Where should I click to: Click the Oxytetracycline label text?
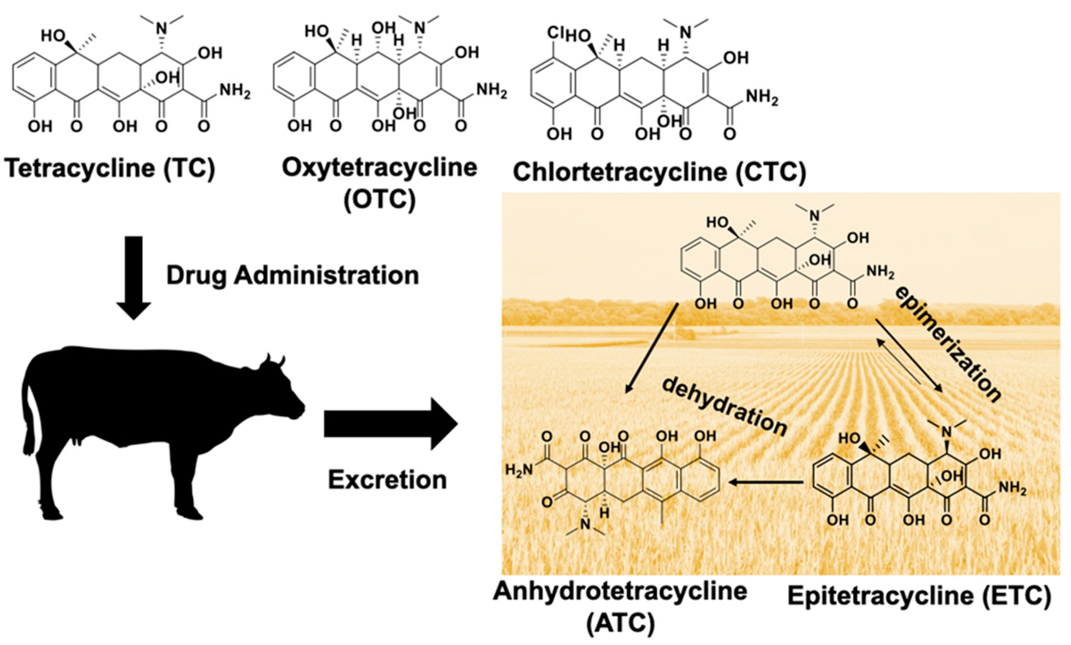(x=379, y=168)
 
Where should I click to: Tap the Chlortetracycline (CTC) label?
(x=659, y=172)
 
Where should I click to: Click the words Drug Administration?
(x=292, y=275)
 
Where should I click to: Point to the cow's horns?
(x=275, y=360)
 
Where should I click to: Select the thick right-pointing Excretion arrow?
(x=390, y=424)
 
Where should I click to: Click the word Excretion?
(x=387, y=480)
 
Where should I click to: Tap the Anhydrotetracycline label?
(x=620, y=592)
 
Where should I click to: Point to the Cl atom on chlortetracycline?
(x=555, y=33)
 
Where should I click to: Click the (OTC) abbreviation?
(x=379, y=200)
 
